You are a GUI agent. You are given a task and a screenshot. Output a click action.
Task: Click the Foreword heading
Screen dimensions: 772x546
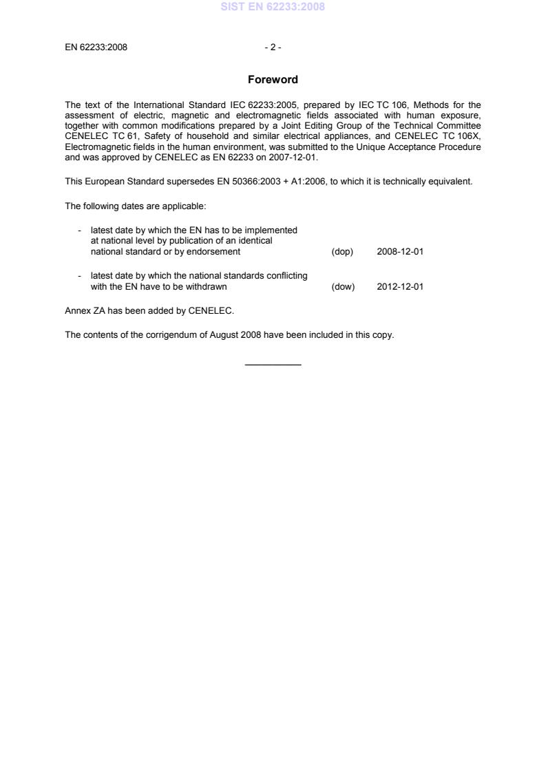[x=273, y=80]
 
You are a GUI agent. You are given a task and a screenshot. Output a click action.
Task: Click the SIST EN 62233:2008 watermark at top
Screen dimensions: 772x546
[x=273, y=7]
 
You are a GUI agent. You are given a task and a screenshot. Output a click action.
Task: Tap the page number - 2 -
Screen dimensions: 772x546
[x=273, y=47]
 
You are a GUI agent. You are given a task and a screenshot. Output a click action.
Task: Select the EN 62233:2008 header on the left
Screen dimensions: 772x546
[x=96, y=47]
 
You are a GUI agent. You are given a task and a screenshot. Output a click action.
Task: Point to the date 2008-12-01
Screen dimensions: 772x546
[x=400, y=252]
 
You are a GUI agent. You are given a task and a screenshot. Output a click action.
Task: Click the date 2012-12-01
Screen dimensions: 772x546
[x=400, y=287]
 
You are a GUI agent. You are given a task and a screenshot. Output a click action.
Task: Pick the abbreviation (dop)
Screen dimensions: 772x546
[x=342, y=252]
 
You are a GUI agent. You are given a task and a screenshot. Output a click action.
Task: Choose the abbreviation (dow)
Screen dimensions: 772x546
[x=343, y=287]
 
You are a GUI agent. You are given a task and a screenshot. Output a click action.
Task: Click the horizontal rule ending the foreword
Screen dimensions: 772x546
[x=273, y=364]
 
